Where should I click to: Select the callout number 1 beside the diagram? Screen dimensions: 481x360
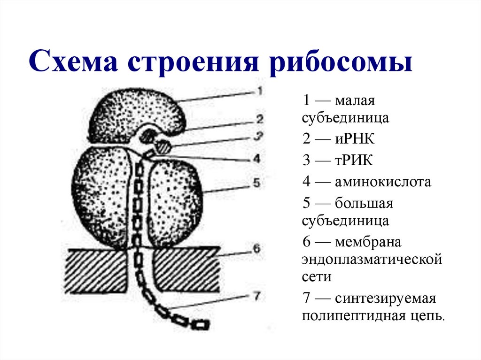(x=259, y=91)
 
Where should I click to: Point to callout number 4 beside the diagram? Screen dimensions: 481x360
(x=256, y=159)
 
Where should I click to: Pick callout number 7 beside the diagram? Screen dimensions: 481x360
(x=256, y=296)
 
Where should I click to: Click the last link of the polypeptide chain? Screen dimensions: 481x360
(x=201, y=324)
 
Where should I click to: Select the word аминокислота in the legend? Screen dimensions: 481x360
(x=382, y=182)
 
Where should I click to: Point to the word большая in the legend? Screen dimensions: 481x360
(x=364, y=204)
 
